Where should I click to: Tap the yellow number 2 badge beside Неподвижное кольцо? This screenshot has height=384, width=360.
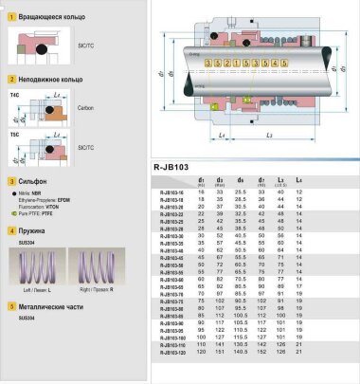point(10,82)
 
